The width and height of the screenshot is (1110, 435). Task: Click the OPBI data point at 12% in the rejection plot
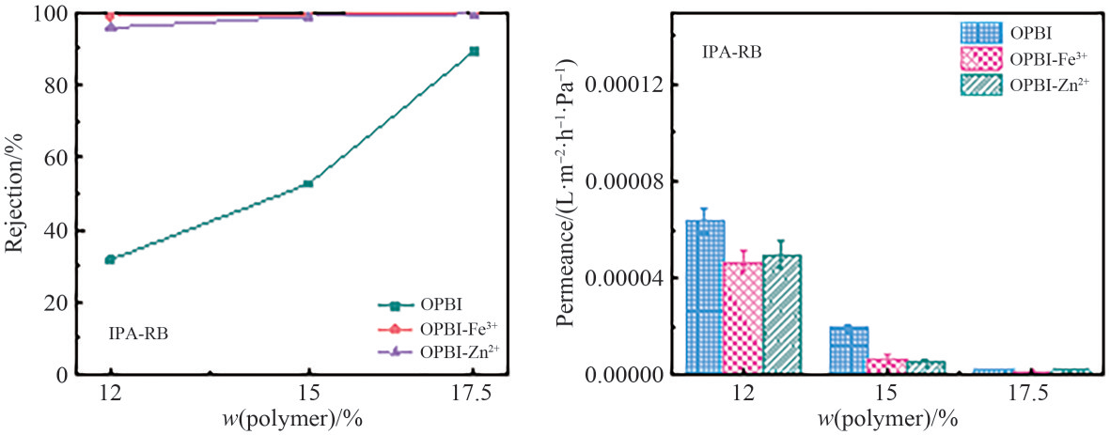pos(110,259)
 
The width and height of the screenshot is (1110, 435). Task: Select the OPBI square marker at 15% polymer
pos(307,184)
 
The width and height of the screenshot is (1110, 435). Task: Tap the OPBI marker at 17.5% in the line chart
pos(474,52)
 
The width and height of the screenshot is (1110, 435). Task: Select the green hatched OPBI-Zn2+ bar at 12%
pos(782,314)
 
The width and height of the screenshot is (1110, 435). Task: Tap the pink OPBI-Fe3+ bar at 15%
pos(887,365)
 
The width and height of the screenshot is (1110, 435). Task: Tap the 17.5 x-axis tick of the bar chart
pos(1031,395)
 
